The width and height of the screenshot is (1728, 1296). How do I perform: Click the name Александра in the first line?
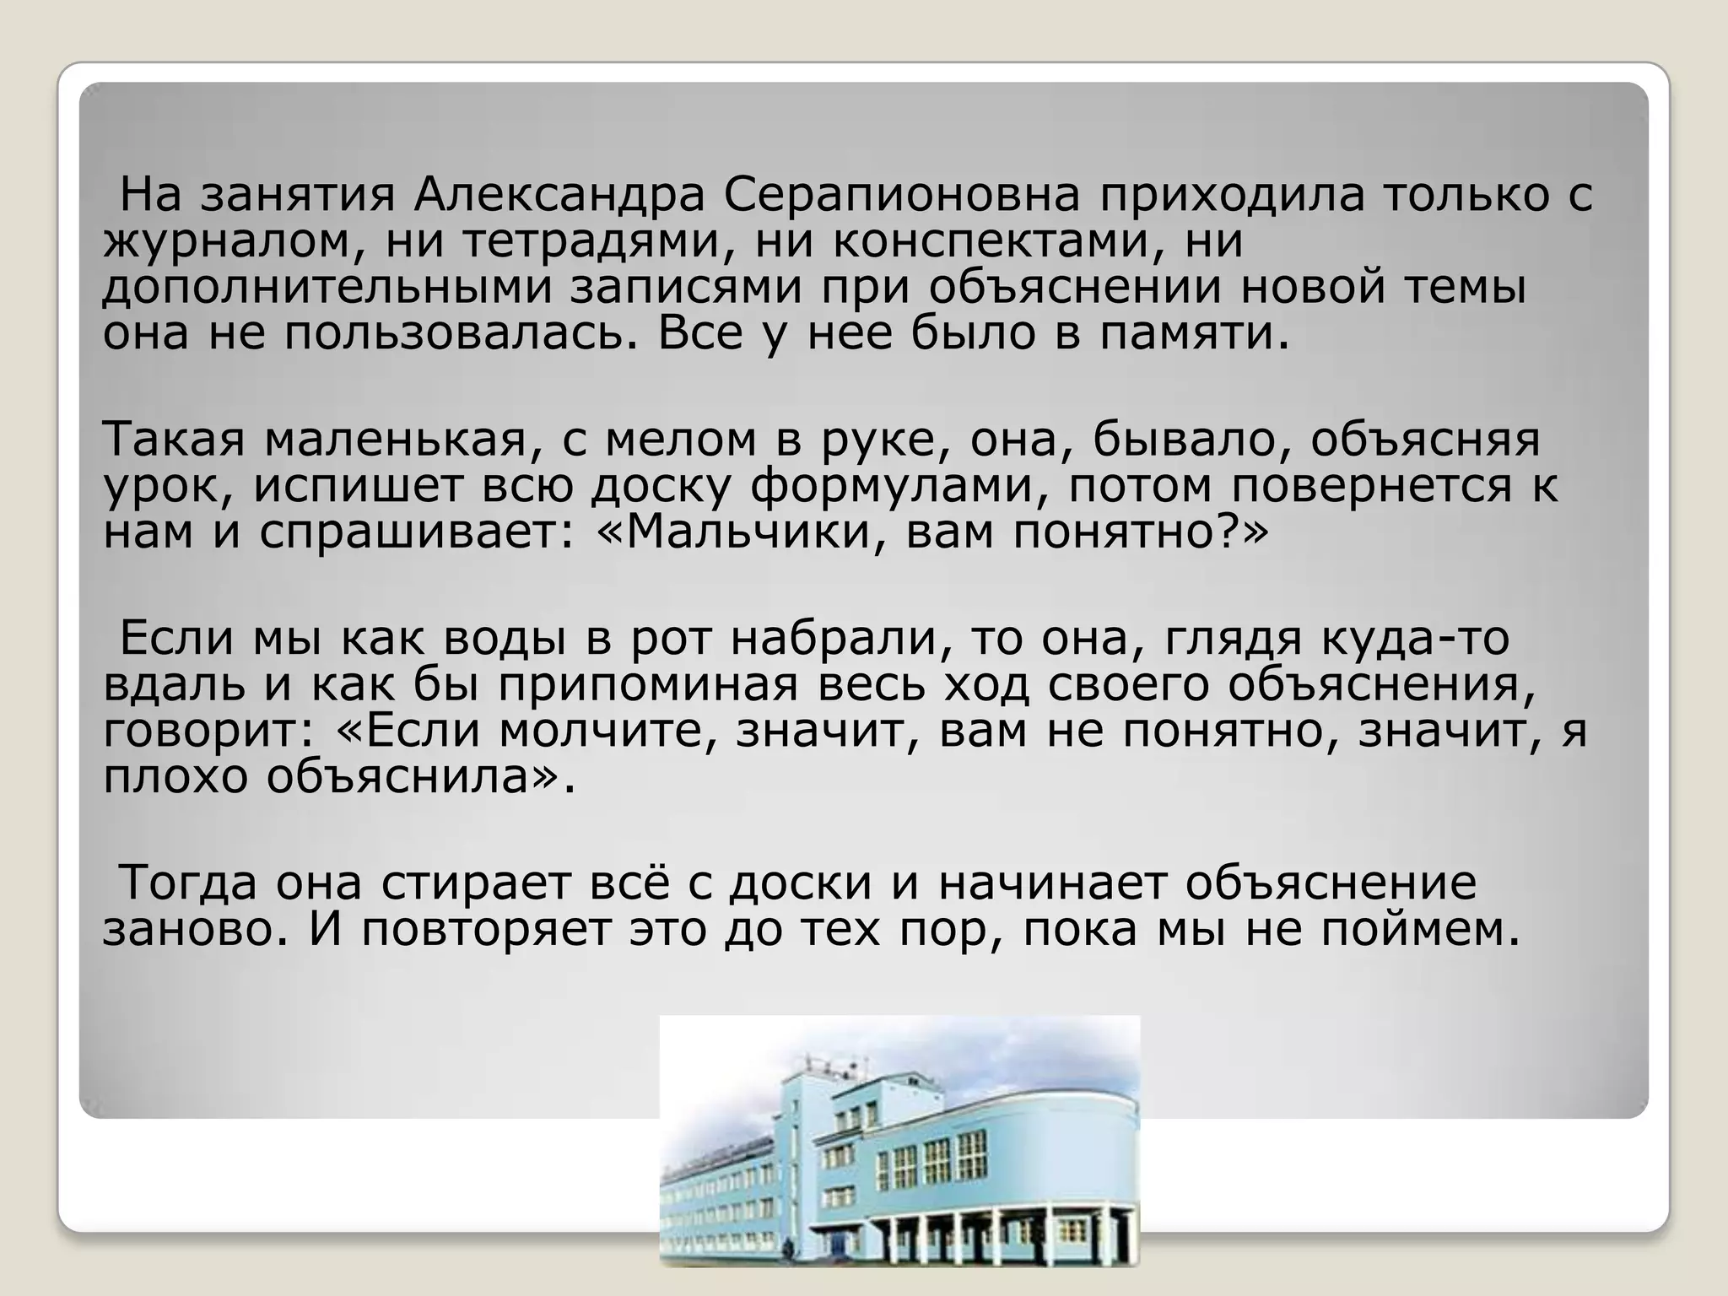tap(559, 196)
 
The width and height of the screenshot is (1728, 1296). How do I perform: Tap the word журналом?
tap(229, 242)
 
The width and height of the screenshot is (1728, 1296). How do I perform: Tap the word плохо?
tap(176, 776)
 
